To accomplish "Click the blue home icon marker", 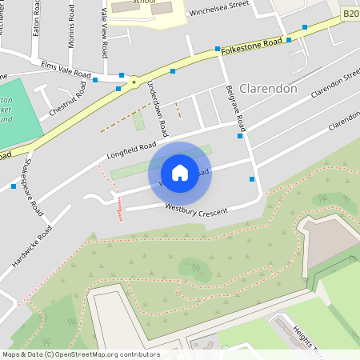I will [x=180, y=173].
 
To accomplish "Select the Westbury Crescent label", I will [x=196, y=210].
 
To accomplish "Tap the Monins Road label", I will [x=72, y=26].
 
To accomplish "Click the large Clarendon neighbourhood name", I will [x=268, y=89].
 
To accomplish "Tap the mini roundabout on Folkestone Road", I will [x=134, y=81].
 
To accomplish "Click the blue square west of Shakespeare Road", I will [x=14, y=186].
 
